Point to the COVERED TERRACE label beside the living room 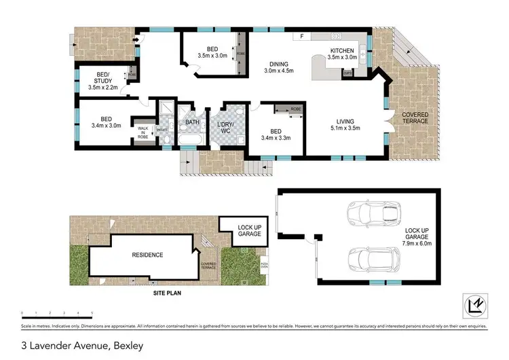tap(415, 119)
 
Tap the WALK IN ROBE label tap(143, 132)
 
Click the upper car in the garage tap(369, 216)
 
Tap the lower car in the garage tap(370, 259)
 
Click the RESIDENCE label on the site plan tap(147, 255)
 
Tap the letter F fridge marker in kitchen tap(303, 36)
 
